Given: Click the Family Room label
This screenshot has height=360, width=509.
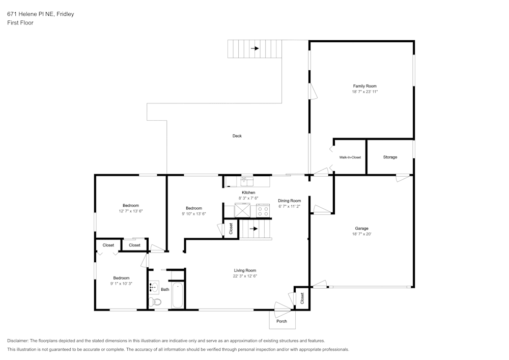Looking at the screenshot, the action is coord(364,86).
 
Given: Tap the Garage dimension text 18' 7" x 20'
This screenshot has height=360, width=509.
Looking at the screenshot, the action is coord(361,234).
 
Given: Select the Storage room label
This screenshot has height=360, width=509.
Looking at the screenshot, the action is coord(390,157).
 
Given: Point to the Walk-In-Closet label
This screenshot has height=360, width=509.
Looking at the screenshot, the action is coord(350,157).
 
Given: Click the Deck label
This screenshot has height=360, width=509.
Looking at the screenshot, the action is coord(237,136).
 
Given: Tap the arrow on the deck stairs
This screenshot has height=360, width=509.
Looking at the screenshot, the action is coord(255,48).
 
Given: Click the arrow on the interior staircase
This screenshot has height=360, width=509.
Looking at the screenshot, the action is coord(253,229).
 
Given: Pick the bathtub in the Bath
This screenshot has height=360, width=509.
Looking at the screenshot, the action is coord(177,295).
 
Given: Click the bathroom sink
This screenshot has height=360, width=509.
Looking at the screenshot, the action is coord(154,287).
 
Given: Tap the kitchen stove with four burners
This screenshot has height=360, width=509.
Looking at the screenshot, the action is coord(263,210).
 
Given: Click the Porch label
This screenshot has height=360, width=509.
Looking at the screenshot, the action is coord(281,321).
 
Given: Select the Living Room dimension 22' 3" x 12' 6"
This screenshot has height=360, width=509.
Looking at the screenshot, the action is coord(245,276).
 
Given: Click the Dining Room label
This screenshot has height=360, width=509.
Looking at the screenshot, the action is coord(289,201).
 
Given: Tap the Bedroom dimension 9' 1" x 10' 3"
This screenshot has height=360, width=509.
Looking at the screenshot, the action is coord(121,284).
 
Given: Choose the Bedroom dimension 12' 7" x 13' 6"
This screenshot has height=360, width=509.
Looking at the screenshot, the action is coord(130,211).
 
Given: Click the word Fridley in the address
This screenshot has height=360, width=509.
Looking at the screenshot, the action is coord(65,14).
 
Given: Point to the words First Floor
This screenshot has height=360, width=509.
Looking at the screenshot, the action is coord(20,23).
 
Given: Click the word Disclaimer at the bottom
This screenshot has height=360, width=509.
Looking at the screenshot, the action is coord(17,341).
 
